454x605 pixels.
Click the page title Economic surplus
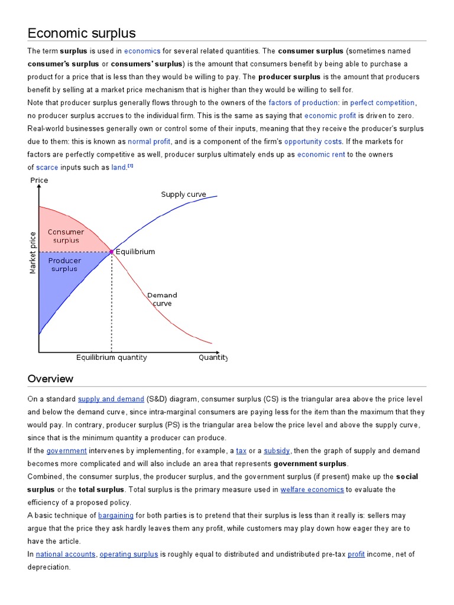point(82,32)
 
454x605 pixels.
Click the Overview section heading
point(50,379)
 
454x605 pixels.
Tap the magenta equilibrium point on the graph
point(111,252)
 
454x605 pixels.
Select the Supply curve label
point(183,194)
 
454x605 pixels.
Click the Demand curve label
point(162,299)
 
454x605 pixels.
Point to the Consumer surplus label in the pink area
point(66,236)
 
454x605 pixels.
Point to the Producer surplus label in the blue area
point(64,265)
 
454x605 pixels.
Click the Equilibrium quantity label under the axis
point(111,357)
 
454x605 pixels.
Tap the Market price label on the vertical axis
point(33,252)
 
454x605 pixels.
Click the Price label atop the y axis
point(38,180)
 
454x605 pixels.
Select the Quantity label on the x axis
point(213,357)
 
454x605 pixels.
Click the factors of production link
point(303,103)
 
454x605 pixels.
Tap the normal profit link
point(149,142)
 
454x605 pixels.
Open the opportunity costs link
point(313,142)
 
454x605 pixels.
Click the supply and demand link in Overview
point(111,399)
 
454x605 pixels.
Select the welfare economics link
point(312,490)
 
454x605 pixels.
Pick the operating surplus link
point(128,554)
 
